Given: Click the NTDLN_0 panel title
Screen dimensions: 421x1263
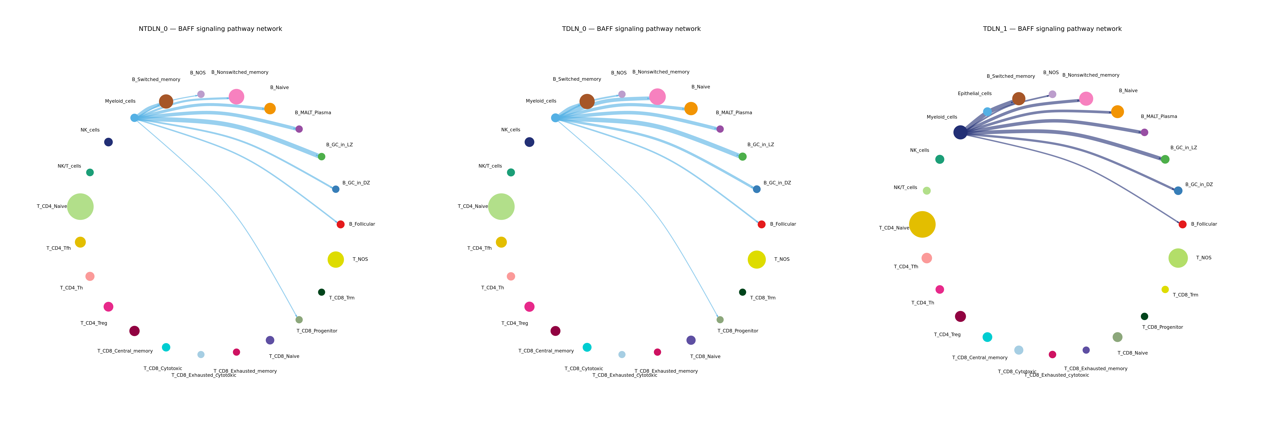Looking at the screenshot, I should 210,29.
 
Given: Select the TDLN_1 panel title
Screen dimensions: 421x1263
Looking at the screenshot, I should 1052,29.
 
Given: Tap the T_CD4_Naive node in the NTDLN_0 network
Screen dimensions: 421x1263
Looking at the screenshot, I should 80,206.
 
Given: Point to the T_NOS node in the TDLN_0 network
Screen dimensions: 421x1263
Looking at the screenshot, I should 757,259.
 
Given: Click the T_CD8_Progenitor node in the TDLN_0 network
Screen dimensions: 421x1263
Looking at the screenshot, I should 720,320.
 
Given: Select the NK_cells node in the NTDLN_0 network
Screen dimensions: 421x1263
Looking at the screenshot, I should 108,142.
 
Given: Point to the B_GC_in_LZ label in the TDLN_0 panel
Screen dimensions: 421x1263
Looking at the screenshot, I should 760,145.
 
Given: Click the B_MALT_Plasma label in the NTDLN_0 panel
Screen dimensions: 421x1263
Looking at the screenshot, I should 313,113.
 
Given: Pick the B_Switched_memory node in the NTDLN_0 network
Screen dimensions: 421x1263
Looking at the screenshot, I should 166,101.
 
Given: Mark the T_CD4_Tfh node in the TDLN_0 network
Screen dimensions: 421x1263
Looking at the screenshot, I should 501,242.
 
